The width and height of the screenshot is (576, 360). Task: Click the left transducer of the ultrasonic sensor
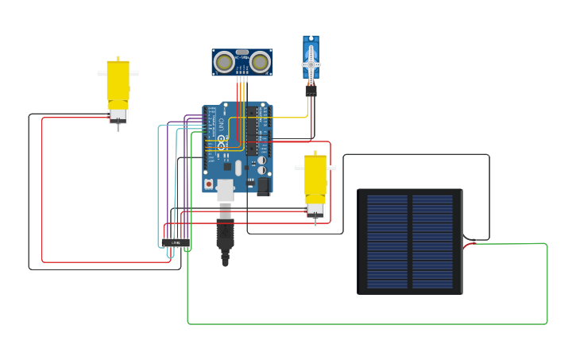[225, 62]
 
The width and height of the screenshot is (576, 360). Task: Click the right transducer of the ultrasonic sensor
[260, 62]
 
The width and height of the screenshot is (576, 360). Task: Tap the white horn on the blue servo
[311, 64]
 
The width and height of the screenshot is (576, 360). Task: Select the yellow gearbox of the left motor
[118, 82]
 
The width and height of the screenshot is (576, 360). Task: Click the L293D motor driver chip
[176, 242]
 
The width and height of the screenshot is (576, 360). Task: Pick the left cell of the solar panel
[387, 242]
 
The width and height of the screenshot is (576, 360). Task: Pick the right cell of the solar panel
[432, 242]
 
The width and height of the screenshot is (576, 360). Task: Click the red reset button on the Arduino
[209, 184]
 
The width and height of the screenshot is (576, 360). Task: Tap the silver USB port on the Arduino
[225, 190]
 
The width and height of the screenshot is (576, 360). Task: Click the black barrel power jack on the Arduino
[263, 186]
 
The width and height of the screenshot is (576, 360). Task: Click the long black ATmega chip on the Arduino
[251, 130]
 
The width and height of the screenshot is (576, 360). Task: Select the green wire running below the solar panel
[365, 324]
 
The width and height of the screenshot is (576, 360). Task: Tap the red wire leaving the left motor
[42, 191]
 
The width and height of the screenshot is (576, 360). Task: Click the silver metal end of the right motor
[315, 211]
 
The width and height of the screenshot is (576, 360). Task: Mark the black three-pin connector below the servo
[311, 91]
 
